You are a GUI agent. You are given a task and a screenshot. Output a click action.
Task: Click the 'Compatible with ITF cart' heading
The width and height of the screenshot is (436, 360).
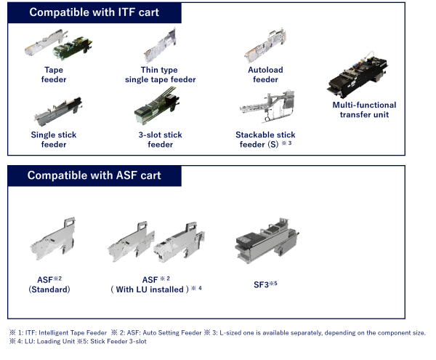pos(94,12)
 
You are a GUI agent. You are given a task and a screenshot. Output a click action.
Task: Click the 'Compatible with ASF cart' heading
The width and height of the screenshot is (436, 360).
pos(95,175)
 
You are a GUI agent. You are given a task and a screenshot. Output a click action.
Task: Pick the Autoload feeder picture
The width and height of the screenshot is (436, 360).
pos(265,47)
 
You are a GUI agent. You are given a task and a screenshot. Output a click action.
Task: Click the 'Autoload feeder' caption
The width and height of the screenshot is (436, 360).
pos(265,75)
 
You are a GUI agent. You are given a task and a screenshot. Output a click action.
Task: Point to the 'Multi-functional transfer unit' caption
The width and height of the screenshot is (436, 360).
pos(363,110)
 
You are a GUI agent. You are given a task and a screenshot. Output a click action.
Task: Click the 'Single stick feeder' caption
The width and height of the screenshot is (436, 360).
pos(53,140)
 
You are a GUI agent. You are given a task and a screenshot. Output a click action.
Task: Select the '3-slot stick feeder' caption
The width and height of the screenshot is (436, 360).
pos(160,140)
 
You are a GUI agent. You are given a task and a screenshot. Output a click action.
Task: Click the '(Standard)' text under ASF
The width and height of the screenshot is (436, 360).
pos(48,289)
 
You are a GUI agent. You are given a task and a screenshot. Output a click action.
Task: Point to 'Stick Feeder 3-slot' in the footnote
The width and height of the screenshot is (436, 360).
pos(113,341)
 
